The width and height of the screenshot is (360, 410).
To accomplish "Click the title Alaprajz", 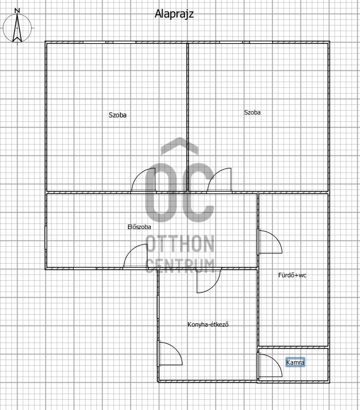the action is [x=174, y=14].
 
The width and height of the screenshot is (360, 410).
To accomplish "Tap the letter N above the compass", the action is [x=17, y=11].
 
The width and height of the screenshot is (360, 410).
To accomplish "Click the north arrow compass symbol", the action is [x=17, y=28].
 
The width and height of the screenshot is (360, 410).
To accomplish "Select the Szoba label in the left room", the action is [x=118, y=115].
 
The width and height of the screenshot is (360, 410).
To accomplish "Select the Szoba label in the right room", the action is [x=252, y=112].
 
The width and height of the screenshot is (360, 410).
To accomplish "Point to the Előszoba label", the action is [x=139, y=227].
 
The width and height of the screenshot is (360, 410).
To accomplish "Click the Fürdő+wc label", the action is [x=293, y=275].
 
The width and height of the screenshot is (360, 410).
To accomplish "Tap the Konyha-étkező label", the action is [x=208, y=324].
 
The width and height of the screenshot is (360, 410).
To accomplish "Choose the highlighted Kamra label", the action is [x=295, y=362].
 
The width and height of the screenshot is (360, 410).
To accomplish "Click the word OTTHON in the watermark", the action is [x=180, y=243].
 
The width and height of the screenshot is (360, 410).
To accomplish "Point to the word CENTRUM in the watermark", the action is [x=180, y=266].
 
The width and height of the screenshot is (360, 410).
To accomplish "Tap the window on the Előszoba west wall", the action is [x=46, y=237].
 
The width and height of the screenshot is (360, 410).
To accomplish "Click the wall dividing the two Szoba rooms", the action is [x=188, y=117].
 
